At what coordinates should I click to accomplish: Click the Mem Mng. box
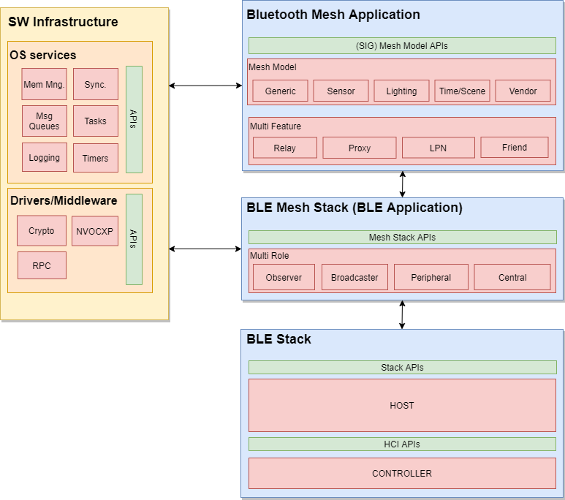pos(44,84)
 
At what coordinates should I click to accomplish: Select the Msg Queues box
pos(44,121)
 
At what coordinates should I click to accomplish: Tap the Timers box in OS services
pos(95,158)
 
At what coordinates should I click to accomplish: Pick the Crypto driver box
pos(41,231)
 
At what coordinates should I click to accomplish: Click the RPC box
pos(42,265)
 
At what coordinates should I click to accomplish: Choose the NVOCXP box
pos(95,231)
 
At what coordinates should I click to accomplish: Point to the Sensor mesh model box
pos(341,91)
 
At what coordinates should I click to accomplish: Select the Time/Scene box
pos(462,91)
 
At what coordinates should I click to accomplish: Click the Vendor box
pos(523,91)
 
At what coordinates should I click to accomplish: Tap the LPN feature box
pos(438,148)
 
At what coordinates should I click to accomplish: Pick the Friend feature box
pos(514,147)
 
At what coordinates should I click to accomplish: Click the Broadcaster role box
pos(354,277)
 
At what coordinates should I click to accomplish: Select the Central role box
pos(512,277)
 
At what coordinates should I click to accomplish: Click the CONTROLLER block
pos(402,473)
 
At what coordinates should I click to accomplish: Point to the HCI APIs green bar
pos(402,444)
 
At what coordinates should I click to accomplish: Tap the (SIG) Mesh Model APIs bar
pos(402,45)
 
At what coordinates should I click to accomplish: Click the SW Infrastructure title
pos(63,22)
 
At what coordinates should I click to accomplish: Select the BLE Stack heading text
pos(278,339)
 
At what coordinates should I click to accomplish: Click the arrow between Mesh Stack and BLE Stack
pos(402,314)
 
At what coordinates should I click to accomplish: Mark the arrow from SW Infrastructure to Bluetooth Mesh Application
pos(205,86)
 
